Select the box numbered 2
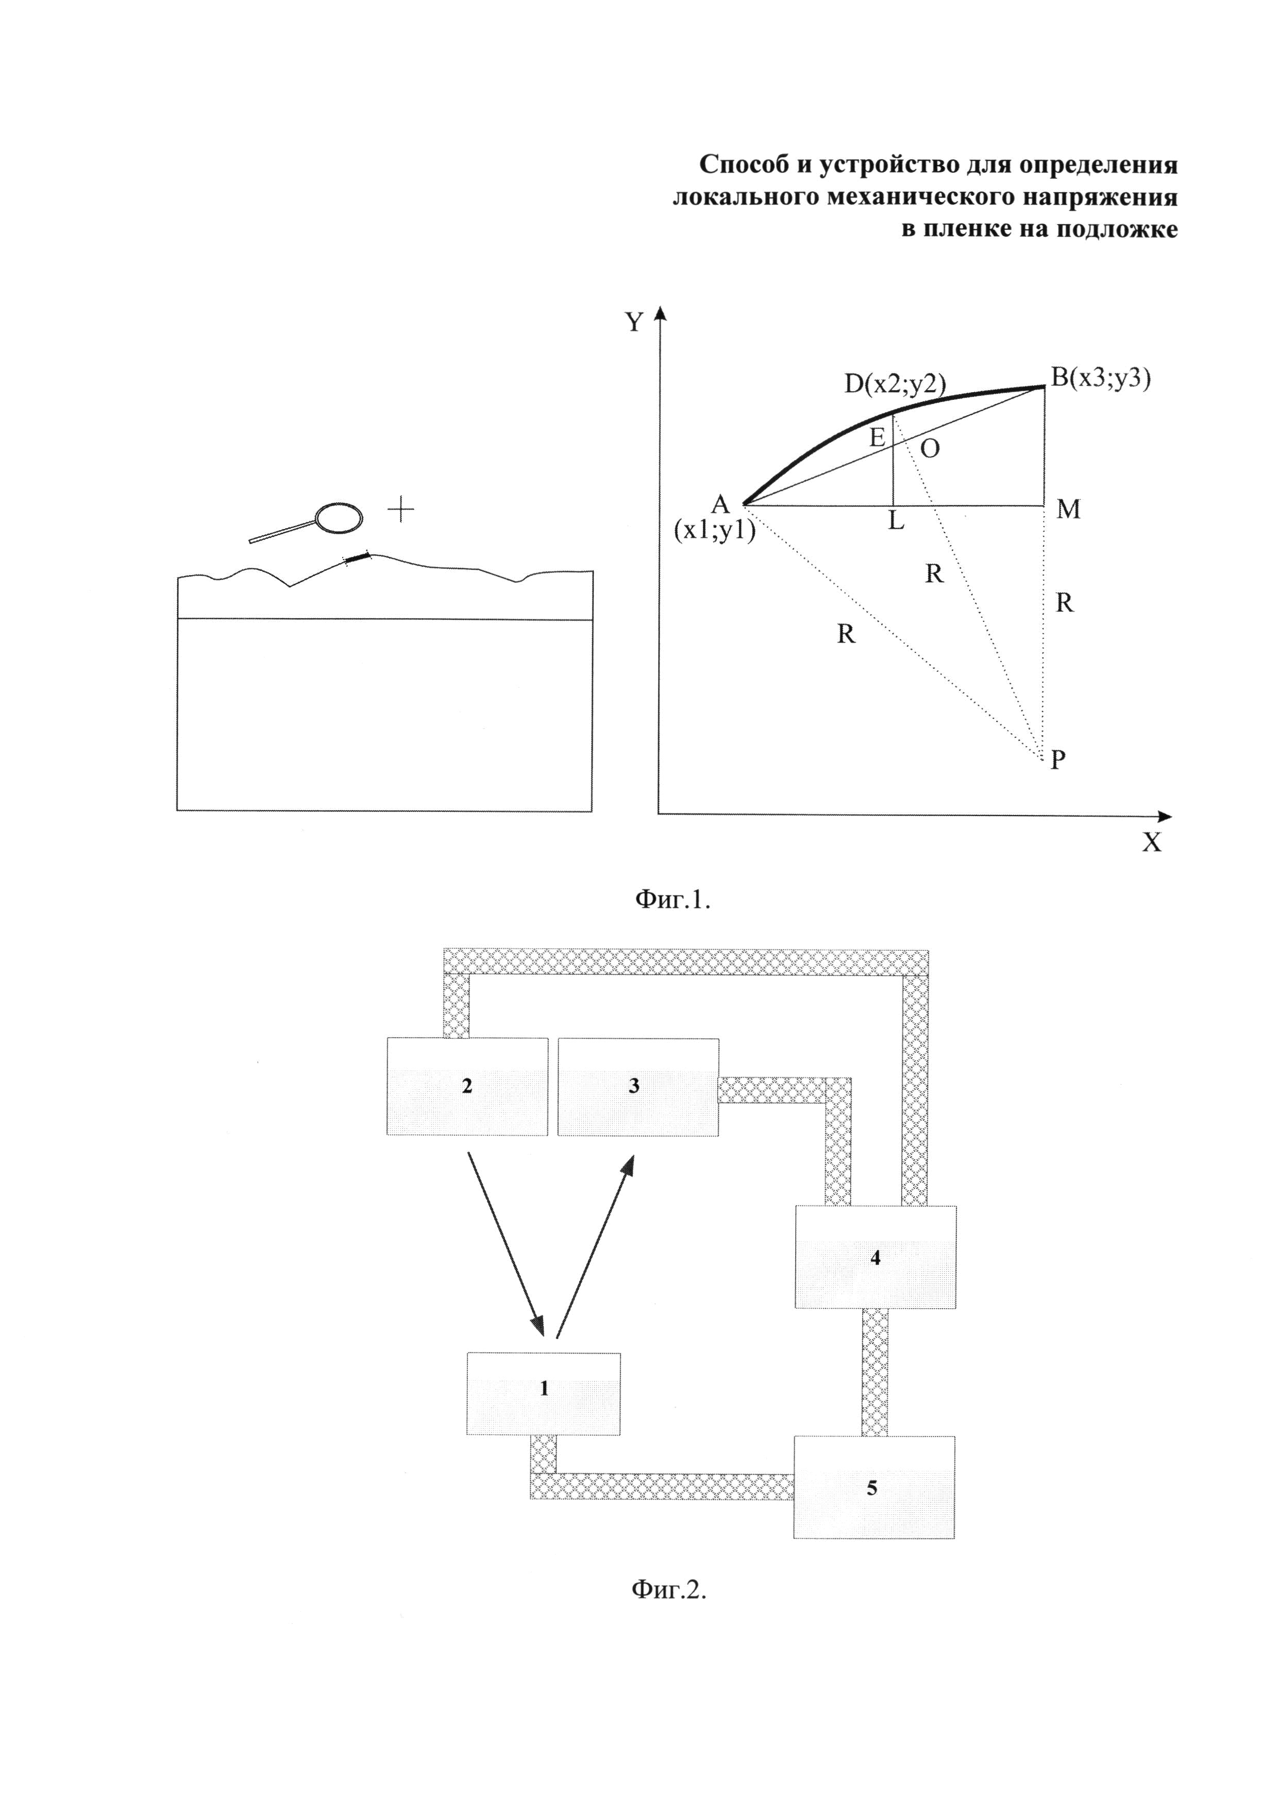[467, 1087]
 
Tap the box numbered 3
[637, 1087]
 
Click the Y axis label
[634, 323]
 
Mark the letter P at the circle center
[1058, 759]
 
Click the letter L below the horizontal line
[896, 521]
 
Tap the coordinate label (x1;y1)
[714, 531]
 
